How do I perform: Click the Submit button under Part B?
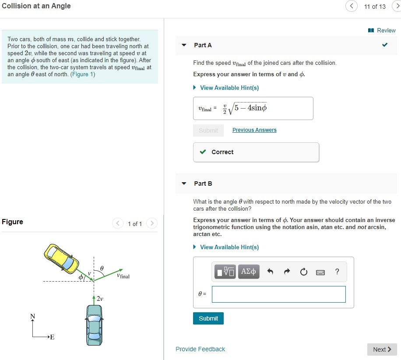coord(208,318)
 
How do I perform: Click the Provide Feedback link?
coord(200,349)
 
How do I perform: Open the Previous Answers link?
coord(254,130)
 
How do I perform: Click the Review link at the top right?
coord(382,30)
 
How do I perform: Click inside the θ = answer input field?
coord(278,294)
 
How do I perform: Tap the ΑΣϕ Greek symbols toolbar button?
coord(249,272)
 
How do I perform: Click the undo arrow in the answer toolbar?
coord(270,272)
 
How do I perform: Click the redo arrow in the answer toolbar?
coord(287,272)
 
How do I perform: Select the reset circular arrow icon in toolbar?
coord(304,272)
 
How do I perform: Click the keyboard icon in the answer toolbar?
coord(320,272)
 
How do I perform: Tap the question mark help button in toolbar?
coord(337,272)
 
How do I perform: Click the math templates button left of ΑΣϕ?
coord(225,272)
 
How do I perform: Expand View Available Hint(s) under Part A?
coord(229,88)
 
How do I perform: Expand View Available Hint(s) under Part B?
coord(229,247)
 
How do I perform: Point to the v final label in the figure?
coord(123,276)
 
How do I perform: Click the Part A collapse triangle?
coord(184,45)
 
